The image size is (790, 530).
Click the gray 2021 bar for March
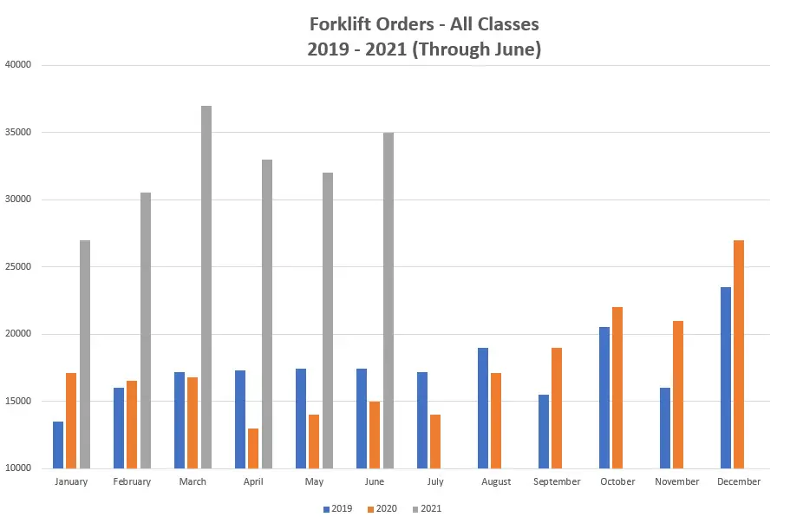[206, 286]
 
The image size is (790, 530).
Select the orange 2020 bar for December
[739, 354]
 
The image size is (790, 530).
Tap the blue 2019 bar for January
[58, 445]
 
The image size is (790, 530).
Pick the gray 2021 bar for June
[388, 300]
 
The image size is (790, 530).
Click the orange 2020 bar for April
[253, 448]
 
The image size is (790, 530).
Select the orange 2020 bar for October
[617, 387]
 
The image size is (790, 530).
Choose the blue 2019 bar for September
[544, 431]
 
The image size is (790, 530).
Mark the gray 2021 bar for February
[146, 330]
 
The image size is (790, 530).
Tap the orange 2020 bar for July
[435, 442]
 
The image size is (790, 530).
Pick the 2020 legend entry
[381, 508]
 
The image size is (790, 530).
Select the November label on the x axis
[678, 481]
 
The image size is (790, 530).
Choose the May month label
[314, 481]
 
